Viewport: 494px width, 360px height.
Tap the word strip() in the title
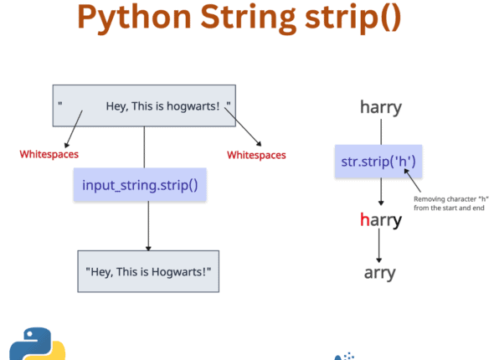coord(358,18)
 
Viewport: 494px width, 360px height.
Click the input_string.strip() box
coord(140,183)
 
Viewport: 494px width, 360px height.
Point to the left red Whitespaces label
coord(49,154)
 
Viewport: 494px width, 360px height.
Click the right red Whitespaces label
coord(256,155)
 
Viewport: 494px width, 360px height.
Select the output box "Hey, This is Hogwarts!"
coord(148,271)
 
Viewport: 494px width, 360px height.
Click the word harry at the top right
coord(381,107)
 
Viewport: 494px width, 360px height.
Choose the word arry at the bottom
coord(381,272)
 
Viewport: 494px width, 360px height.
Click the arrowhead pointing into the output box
coord(148,247)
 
